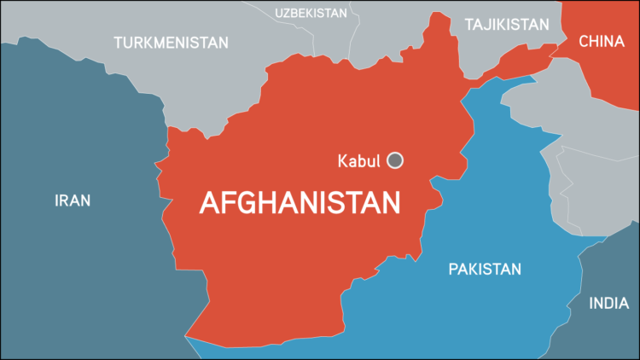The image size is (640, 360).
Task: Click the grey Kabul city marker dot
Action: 395,160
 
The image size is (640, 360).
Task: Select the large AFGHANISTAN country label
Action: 300,202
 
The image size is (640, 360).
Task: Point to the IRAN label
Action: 73,200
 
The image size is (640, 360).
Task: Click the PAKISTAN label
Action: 485,270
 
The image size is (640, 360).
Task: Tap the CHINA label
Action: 602,41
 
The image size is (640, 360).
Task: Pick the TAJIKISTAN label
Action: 507,24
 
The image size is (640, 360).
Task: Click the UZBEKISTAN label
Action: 311,12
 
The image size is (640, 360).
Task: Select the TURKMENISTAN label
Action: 171,42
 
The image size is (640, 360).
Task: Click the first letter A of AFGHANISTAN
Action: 209,203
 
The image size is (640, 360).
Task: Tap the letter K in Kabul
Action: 343,160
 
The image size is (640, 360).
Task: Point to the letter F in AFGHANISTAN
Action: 228,203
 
